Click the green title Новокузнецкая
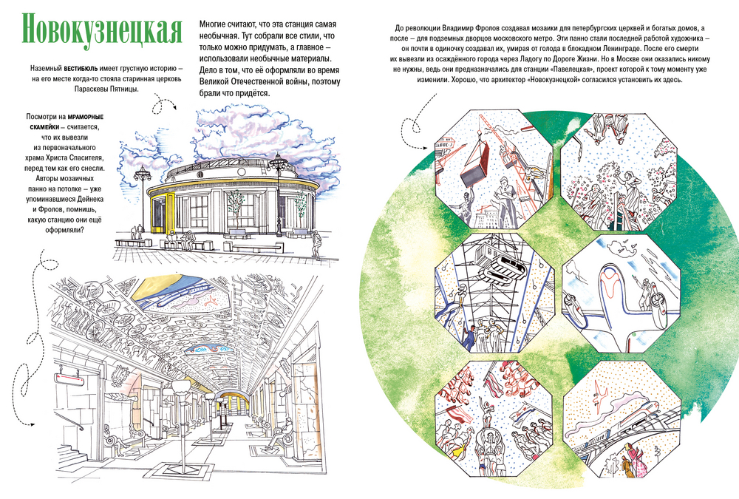click(102, 30)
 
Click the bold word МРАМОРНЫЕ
click(85, 117)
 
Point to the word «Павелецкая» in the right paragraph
click(572, 69)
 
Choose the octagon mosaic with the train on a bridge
click(621, 419)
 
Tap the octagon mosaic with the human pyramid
click(494, 419)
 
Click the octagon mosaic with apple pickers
click(619, 172)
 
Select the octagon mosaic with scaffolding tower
click(494, 293)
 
